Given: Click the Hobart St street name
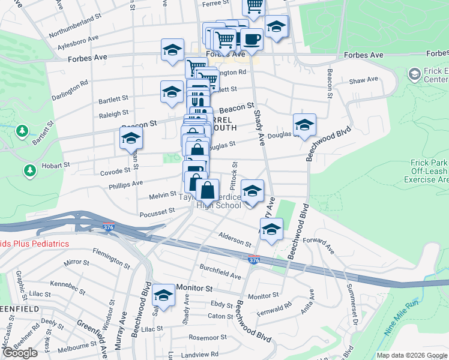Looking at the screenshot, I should tap(55, 164).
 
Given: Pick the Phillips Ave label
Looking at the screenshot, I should tap(125, 184).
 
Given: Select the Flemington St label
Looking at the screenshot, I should tap(111, 259).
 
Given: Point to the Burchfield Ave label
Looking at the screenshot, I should tap(220, 272).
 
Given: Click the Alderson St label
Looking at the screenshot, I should tap(235, 239).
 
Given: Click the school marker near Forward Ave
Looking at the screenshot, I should tap(271, 230).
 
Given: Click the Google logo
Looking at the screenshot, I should tap(20, 353).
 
